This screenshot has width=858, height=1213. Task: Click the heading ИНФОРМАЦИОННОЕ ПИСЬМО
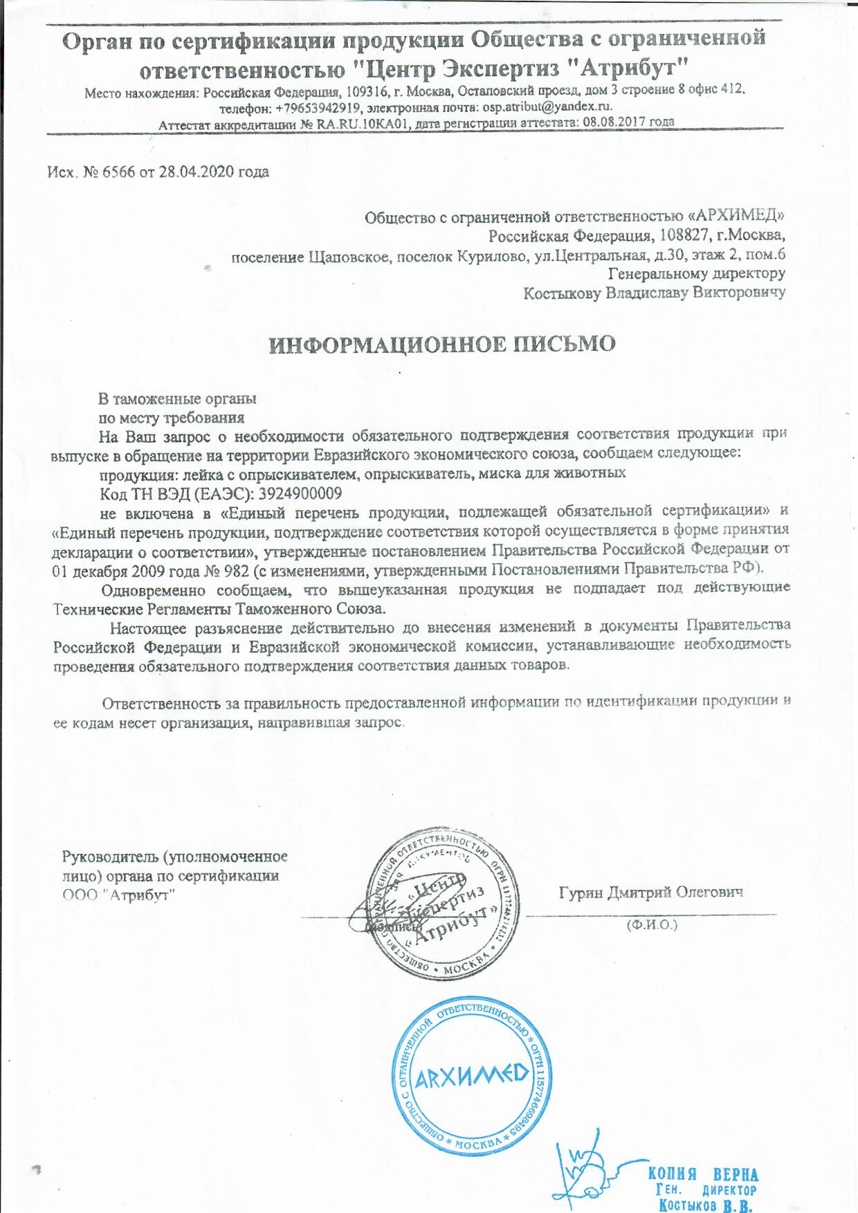pos(441,345)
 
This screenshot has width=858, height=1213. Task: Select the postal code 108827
pos(682,235)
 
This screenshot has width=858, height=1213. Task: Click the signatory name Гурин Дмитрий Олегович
pos(650,892)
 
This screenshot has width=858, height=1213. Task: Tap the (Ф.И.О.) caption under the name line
pos(651,924)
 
